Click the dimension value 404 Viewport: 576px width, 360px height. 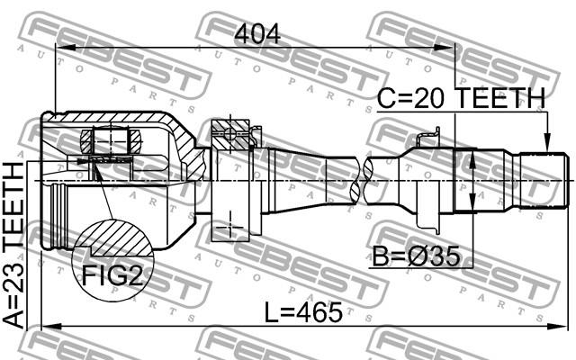click(257, 34)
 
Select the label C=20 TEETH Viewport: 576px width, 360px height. click(462, 98)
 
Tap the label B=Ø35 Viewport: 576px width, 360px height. click(416, 256)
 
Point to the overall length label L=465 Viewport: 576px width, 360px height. click(303, 313)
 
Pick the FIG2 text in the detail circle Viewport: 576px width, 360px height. click(112, 275)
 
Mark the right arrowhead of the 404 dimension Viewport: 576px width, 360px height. click(444, 48)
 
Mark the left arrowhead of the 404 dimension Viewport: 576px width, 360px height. click(66, 48)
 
